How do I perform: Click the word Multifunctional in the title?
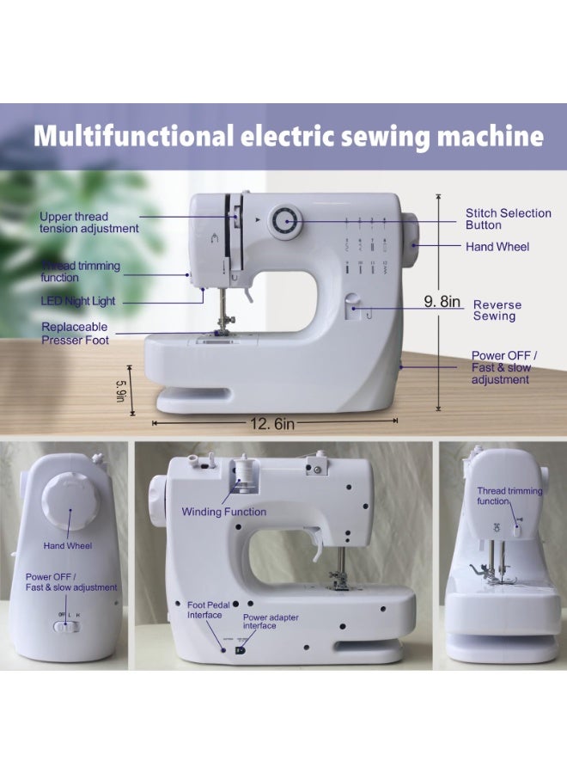(131, 136)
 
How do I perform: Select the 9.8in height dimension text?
(443, 301)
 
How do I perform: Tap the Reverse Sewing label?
(497, 310)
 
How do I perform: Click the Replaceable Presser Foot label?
(75, 333)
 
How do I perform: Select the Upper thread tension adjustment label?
(88, 223)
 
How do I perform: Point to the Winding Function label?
(223, 512)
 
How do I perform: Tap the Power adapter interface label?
(271, 621)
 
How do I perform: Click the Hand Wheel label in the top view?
(497, 247)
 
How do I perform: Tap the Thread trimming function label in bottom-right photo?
(509, 496)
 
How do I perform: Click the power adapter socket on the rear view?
(240, 651)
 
